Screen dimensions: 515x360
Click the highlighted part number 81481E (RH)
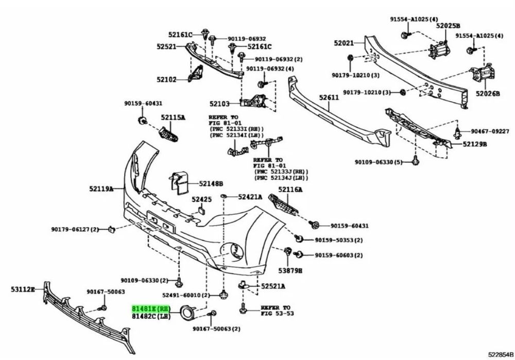151,309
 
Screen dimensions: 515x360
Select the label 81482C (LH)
151,316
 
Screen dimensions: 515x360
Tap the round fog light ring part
188,312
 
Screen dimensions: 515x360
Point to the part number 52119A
101,188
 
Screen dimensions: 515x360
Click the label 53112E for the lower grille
23,289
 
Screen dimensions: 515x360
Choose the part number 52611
329,97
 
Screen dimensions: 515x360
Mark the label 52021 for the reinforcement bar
344,43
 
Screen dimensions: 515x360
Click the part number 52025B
448,26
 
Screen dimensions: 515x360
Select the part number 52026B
488,94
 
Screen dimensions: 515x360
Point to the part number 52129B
475,144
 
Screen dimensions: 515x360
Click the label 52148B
211,184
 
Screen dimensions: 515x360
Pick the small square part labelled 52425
201,210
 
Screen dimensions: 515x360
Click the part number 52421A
250,197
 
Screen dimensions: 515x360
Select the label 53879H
290,271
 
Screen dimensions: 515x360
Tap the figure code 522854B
501,354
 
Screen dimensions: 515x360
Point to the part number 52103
219,104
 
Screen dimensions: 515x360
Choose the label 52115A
173,117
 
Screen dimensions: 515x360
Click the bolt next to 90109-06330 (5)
415,160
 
